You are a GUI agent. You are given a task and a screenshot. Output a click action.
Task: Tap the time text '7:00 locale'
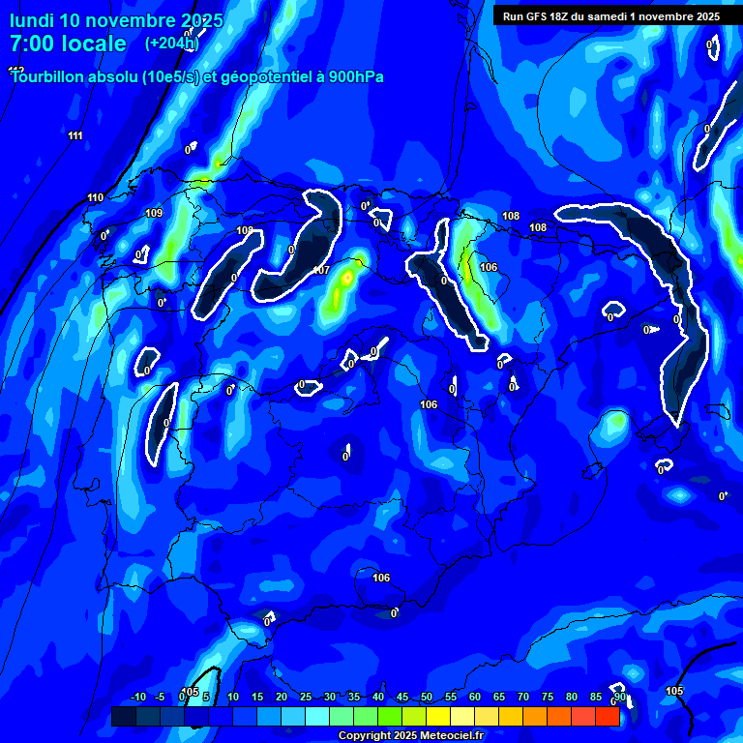point(68,44)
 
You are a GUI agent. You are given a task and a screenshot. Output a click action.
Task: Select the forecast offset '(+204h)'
point(171,44)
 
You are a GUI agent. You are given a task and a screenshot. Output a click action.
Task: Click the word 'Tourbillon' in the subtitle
point(52,77)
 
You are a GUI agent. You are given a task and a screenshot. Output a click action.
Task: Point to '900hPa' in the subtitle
point(356,77)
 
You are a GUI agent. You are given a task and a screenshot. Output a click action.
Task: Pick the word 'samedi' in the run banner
point(629,16)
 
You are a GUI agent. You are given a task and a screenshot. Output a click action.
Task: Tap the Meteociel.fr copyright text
point(410,736)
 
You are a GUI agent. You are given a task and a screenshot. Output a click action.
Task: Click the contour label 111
point(75,135)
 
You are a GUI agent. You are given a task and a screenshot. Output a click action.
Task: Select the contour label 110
point(95,198)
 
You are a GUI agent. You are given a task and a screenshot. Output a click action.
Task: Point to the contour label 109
point(154,214)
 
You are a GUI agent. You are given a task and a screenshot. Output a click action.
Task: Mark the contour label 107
point(321,270)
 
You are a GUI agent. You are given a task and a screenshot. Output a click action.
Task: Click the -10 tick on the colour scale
point(137,698)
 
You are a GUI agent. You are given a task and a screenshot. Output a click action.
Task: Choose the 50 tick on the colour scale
point(427,698)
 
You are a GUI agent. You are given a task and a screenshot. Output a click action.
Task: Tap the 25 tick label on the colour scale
point(306,698)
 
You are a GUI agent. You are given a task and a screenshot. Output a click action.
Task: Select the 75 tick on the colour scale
point(548,698)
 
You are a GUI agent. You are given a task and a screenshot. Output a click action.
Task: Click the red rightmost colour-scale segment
point(608,716)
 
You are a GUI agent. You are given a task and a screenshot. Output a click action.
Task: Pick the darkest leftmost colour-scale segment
point(123,716)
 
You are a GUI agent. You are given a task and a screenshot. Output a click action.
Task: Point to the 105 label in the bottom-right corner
point(674,691)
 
